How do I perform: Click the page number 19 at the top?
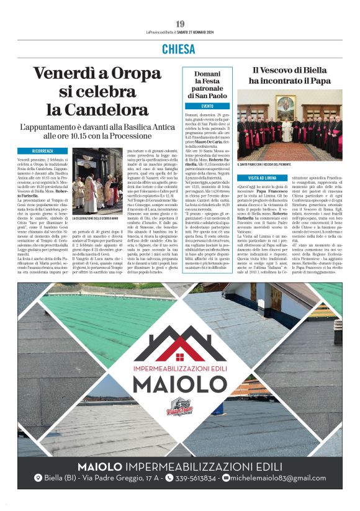[180, 24]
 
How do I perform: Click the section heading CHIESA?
[180, 49]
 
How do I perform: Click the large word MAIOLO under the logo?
[180, 384]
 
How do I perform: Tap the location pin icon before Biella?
[38, 478]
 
